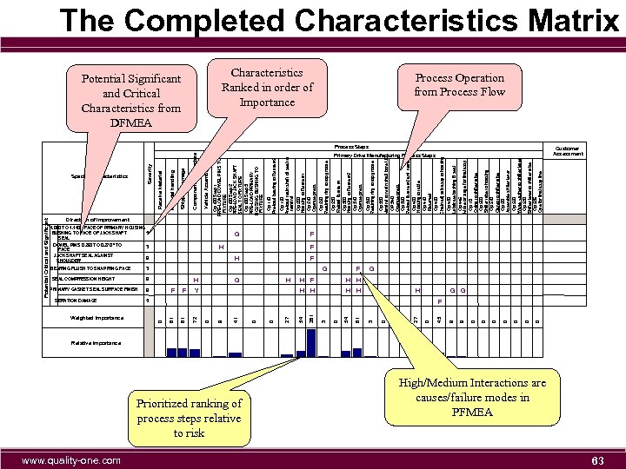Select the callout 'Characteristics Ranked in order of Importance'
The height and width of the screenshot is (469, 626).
267,87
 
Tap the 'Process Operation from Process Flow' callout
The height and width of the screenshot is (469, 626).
460,84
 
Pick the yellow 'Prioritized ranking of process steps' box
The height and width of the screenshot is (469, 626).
189,417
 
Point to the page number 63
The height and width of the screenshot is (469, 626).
597,459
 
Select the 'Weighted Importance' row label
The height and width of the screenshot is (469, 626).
97,318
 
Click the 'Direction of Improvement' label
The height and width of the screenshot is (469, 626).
97,220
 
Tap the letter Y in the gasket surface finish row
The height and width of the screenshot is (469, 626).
196,289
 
